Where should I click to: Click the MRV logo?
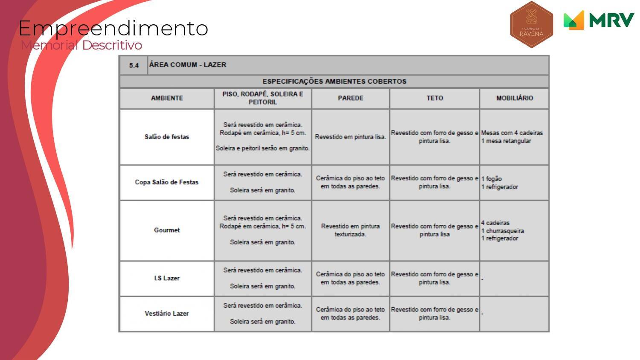(x=599, y=20)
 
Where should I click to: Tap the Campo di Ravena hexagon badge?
(x=531, y=24)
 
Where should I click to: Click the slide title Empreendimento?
(x=113, y=29)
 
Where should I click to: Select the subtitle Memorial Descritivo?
(x=81, y=45)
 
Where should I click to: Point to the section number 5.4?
(x=134, y=65)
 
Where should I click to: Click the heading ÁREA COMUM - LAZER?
(x=188, y=65)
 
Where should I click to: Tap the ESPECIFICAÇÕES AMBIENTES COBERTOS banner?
(x=334, y=81)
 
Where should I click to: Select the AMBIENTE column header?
(x=167, y=98)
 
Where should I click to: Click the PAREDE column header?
(x=350, y=98)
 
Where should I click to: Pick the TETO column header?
(x=434, y=98)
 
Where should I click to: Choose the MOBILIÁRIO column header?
(x=514, y=98)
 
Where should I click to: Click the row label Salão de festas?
(x=167, y=137)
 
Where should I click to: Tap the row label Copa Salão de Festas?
(x=167, y=182)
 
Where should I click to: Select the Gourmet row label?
(x=167, y=230)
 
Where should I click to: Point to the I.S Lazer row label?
(x=167, y=278)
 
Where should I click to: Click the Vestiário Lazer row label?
(x=167, y=314)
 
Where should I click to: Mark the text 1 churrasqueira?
(x=503, y=231)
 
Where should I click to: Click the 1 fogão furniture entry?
(x=492, y=179)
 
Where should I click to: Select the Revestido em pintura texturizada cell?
(x=350, y=230)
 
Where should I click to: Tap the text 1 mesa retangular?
(x=506, y=141)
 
